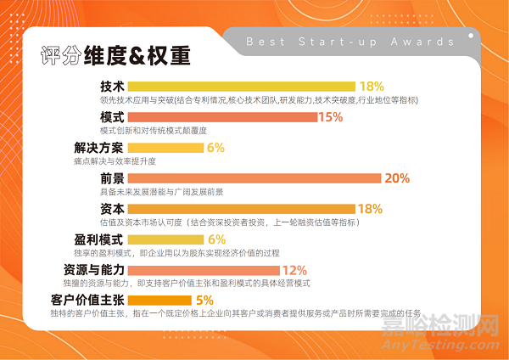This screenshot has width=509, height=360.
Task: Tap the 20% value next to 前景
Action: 397,178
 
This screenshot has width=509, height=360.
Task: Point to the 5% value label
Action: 204,300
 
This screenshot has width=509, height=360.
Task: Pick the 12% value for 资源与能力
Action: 294,270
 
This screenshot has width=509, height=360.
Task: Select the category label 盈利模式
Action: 99,239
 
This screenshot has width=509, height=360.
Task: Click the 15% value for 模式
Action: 330,117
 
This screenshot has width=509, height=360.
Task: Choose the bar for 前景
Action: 255,178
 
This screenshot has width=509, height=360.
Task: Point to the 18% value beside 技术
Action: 372,87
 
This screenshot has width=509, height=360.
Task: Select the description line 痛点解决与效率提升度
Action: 127,160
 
